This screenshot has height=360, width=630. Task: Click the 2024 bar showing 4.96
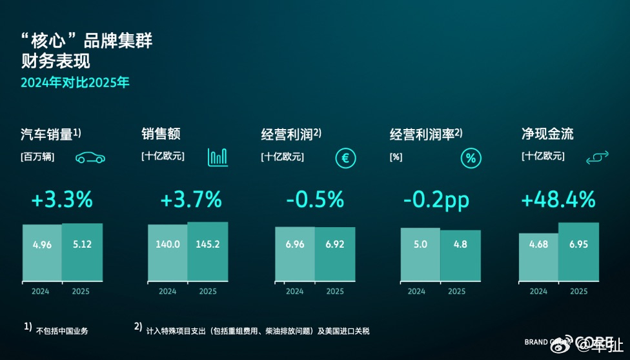[x=43, y=252]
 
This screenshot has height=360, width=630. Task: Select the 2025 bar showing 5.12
[x=82, y=252]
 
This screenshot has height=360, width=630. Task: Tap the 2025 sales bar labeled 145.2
[x=207, y=251]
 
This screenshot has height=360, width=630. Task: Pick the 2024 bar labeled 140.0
[x=168, y=252]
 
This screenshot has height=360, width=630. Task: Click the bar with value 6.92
[x=334, y=254]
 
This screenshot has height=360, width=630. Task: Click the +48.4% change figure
[x=558, y=200]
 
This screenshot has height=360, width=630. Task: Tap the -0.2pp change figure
[x=436, y=200]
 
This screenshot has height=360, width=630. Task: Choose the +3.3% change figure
[x=62, y=200]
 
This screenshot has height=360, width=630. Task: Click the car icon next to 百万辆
[x=90, y=158]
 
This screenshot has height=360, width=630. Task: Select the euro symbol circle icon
[x=346, y=158]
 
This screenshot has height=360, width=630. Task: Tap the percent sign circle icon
[x=471, y=158]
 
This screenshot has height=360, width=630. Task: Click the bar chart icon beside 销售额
[x=218, y=157]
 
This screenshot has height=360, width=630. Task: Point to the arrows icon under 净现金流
[x=597, y=158]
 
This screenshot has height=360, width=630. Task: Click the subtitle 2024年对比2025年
[x=75, y=83]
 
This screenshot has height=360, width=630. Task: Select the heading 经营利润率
[x=422, y=134]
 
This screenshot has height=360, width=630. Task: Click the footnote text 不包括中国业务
[x=62, y=331]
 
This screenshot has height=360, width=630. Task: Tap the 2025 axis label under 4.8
[x=456, y=292]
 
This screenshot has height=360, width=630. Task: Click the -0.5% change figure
[x=315, y=200]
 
